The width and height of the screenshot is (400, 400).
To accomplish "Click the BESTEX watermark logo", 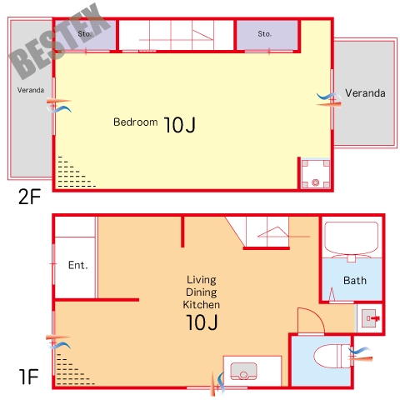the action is tap(60, 42).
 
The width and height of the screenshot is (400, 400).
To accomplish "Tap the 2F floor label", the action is tap(29, 197).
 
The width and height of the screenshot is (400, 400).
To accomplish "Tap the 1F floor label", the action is tap(28, 377).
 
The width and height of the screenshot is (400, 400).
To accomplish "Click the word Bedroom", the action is tap(136, 122).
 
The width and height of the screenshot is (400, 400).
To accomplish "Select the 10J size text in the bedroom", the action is tap(180, 125).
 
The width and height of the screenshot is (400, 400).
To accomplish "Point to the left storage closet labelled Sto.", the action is tap(85, 35).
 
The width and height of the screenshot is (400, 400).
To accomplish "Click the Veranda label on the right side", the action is tap(365, 93).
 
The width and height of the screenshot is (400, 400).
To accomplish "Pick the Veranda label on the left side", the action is tap(31, 90).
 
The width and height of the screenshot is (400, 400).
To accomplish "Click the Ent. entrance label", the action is tap(78, 265).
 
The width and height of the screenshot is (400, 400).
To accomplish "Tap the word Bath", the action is tap(355, 281).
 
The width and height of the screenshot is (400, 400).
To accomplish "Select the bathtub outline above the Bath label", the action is tap(352, 238).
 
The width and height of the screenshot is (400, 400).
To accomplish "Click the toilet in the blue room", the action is tap(332, 356).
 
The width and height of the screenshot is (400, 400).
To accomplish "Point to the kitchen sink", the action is tap(244, 371).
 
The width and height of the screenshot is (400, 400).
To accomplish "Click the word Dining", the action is tap(202, 292).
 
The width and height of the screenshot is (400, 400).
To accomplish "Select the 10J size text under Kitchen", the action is tap(202, 322).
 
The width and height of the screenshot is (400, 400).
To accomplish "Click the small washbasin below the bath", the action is tap(369, 318).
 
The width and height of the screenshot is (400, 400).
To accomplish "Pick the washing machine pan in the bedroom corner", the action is tap(316, 174).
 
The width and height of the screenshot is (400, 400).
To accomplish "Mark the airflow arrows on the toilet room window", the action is tap(360, 354).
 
